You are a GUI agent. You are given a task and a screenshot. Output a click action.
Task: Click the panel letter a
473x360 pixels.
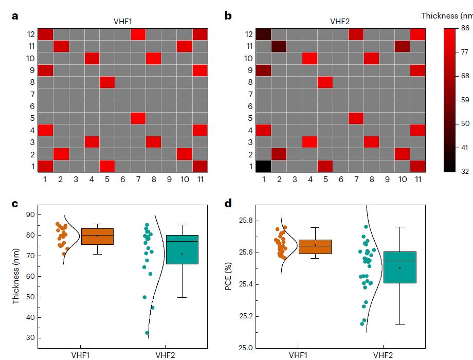pyautogui.click(x=15, y=16)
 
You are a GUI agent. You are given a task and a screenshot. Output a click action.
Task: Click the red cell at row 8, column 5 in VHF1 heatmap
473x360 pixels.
pyautogui.click(x=106, y=82)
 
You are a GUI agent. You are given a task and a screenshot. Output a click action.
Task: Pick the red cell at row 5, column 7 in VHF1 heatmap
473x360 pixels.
pyautogui.click(x=138, y=118)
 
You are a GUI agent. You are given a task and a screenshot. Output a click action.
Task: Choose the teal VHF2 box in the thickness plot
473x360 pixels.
pyautogui.click(x=182, y=249)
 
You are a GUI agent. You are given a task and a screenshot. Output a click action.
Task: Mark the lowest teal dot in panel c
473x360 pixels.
pyautogui.click(x=148, y=333)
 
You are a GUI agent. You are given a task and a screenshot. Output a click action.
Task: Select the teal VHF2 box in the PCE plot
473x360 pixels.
pyautogui.click(x=399, y=267)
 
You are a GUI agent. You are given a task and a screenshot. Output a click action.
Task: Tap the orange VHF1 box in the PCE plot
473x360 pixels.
pyautogui.click(x=315, y=247)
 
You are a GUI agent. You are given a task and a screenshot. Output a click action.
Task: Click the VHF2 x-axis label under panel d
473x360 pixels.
pyautogui.click(x=383, y=355)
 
